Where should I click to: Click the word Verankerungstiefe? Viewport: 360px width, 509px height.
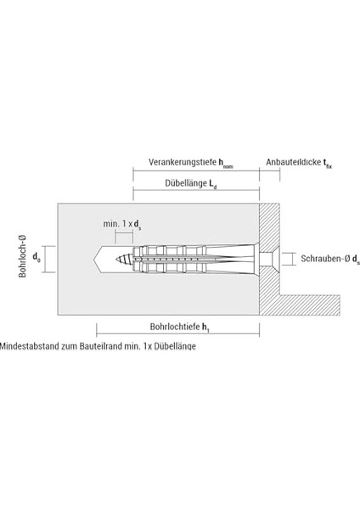click(183, 162)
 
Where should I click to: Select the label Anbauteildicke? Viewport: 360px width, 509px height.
click(294, 162)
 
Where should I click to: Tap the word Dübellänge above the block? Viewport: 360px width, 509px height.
click(186, 183)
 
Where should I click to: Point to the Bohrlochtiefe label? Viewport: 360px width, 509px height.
click(173, 327)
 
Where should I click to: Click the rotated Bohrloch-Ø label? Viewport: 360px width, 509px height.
click(22, 256)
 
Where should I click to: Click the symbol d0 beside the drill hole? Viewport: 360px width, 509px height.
click(37, 257)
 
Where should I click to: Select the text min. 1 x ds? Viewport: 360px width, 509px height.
click(122, 224)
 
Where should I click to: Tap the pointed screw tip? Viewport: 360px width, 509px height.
click(116, 259)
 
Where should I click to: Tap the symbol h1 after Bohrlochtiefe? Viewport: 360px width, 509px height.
click(205, 327)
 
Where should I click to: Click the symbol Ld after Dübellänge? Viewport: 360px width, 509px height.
click(212, 184)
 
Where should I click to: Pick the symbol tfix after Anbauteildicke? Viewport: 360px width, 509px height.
click(328, 163)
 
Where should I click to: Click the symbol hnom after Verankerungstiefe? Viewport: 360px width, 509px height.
click(226, 163)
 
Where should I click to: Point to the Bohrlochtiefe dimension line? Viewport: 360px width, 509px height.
click(177, 333)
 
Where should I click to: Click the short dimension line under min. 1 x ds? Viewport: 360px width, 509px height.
click(124, 233)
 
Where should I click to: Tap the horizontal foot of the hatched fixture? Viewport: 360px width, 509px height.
click(310, 305)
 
